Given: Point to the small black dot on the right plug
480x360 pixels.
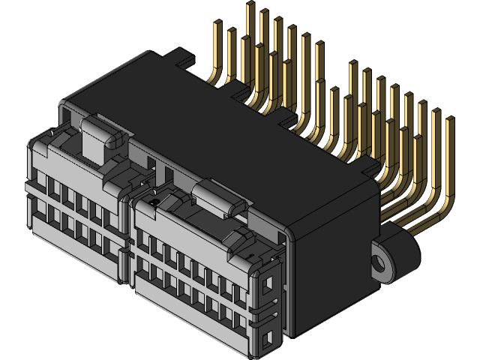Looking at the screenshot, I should pyautogui.click(x=154, y=202).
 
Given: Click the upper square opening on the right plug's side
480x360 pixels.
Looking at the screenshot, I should pyautogui.click(x=268, y=283).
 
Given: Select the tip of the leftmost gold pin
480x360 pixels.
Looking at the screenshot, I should pyautogui.click(x=217, y=25).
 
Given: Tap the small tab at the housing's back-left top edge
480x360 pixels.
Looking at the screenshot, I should pyautogui.click(x=181, y=54).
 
